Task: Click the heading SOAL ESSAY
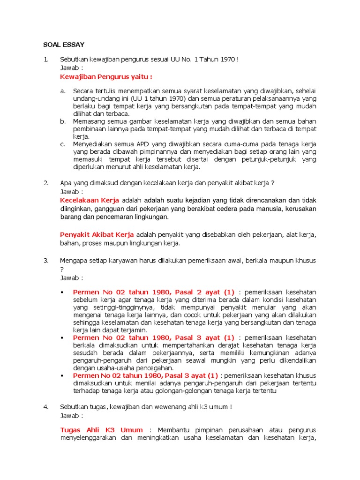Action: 64,45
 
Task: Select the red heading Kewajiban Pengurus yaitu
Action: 106,77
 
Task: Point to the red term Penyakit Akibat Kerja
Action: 97,234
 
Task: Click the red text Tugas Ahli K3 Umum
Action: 102,430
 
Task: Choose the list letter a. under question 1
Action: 63,91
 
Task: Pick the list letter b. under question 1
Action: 63,121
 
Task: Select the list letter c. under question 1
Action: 63,144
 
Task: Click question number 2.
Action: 46,183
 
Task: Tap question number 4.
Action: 46,407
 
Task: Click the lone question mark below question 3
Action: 61,269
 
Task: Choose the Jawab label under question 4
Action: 71,415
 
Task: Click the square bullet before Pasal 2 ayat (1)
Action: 63,292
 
